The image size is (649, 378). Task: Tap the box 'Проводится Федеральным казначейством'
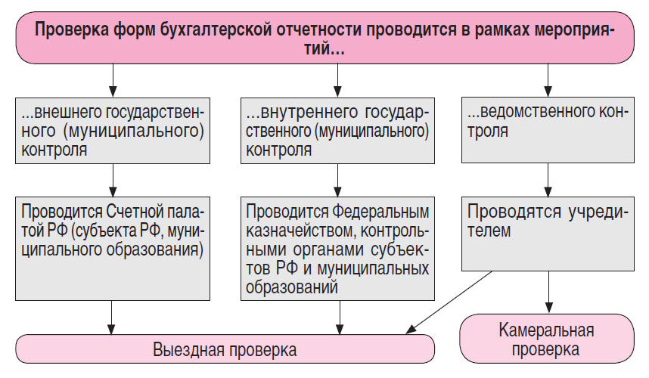(338, 248)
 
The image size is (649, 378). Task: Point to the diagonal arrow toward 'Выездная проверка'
(446, 302)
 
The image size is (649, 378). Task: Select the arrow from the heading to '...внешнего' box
(112, 80)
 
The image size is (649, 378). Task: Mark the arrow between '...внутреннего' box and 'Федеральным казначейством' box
(338, 180)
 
